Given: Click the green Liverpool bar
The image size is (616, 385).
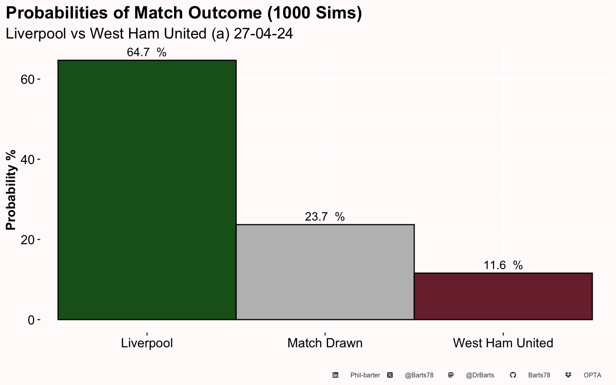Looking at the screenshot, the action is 147,190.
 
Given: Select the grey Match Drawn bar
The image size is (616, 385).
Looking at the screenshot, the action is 325,272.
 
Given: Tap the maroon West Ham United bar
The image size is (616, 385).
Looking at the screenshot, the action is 503,296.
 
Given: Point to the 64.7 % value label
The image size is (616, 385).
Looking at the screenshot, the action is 146,52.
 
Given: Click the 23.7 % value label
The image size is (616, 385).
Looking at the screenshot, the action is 325,217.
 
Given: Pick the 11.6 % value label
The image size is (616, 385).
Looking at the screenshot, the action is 503,265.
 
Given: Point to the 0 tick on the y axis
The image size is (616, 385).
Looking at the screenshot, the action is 31,320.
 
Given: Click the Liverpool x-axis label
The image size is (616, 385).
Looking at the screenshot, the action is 147,343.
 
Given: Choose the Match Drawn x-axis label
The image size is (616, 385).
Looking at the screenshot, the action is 325,343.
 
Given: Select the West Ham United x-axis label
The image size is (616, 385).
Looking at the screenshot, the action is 503,343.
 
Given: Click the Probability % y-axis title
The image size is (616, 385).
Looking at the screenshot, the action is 11,190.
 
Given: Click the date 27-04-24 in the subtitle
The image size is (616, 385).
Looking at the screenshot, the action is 263,34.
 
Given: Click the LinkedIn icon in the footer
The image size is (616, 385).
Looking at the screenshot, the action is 335,375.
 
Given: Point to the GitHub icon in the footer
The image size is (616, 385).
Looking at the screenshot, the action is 513,375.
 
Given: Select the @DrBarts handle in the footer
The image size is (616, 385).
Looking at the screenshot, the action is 480,375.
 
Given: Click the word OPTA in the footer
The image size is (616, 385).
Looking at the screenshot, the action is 593,375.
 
